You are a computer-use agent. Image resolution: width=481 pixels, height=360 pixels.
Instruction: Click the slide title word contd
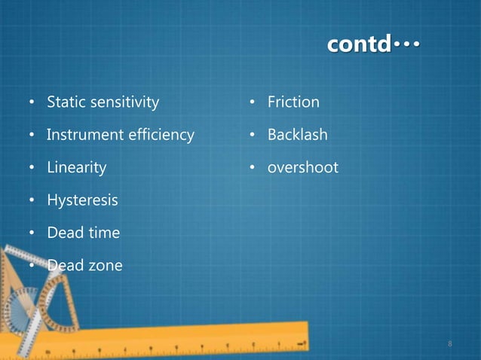358,45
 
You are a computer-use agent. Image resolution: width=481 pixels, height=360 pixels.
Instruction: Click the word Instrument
84,135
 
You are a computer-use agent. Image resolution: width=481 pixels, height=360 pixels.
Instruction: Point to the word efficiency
161,135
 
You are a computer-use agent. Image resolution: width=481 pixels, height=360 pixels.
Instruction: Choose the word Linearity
76,167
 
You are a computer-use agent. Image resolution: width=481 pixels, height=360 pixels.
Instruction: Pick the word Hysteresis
82,200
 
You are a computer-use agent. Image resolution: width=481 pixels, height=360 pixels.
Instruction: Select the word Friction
293,102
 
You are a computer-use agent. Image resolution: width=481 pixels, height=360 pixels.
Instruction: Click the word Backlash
297,135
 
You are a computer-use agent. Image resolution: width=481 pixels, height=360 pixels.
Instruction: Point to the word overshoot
302,167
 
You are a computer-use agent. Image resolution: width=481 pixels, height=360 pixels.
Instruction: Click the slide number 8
450,343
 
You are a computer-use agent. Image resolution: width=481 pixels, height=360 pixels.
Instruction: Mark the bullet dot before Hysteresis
32,201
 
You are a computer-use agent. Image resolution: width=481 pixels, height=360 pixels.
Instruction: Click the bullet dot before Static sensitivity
32,102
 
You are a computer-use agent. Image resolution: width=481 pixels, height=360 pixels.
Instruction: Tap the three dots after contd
406,45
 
